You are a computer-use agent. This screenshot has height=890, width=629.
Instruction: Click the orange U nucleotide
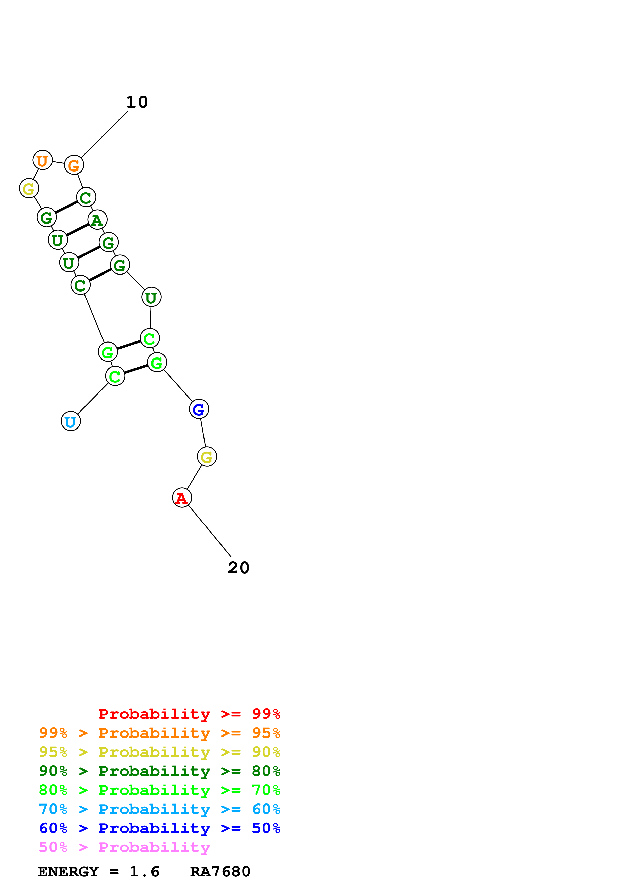(x=42, y=160)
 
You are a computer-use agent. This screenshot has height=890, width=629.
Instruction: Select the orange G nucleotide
(x=74, y=165)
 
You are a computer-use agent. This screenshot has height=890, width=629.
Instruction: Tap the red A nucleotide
(x=182, y=498)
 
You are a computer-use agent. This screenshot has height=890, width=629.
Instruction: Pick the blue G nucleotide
(x=199, y=409)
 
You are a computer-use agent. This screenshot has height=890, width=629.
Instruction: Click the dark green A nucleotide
(x=97, y=220)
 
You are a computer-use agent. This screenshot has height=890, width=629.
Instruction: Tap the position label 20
(x=238, y=568)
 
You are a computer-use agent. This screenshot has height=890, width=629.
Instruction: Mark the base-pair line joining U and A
(x=77, y=230)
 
